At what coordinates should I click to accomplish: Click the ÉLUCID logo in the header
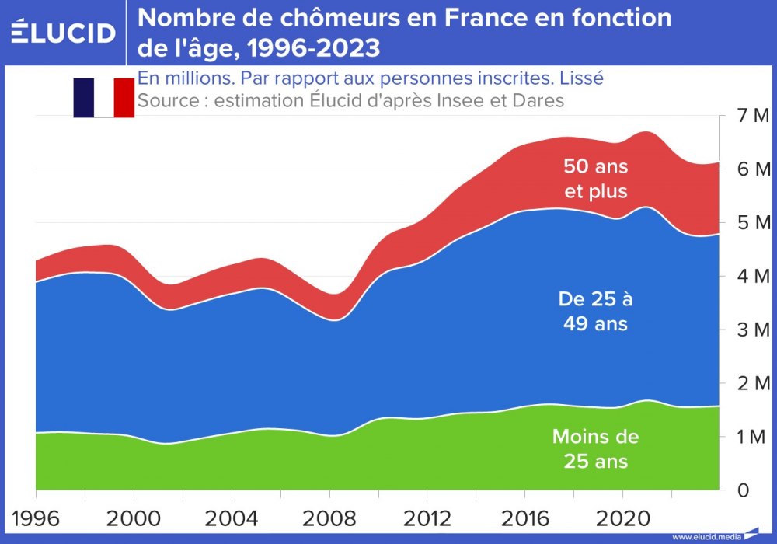pyautogui.click(x=64, y=32)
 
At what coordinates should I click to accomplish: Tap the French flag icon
pyautogui.click(x=103, y=97)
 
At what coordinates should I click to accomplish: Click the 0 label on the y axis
pyautogui.click(x=744, y=490)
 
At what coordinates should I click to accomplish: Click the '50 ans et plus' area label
pyautogui.click(x=596, y=178)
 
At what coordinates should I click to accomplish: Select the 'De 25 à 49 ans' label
pyautogui.click(x=596, y=311)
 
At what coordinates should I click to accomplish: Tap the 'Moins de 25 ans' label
pyautogui.click(x=595, y=448)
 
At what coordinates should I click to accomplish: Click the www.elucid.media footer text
pyautogui.click(x=706, y=536)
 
